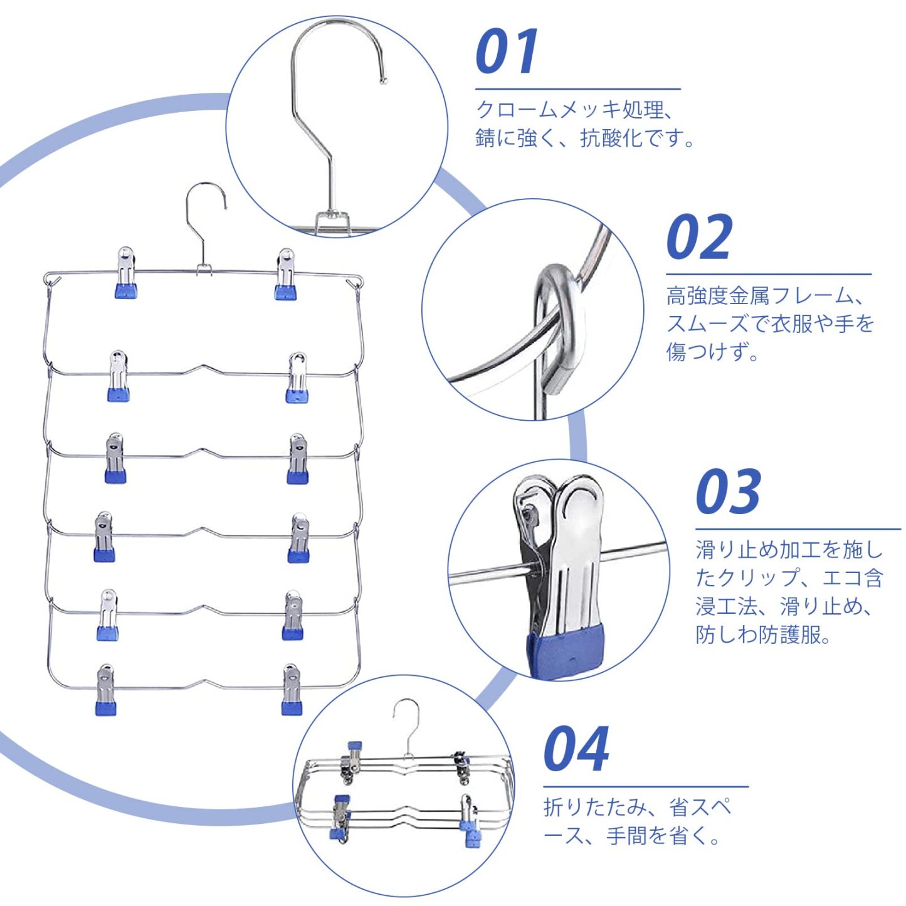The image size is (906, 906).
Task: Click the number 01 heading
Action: [507, 52]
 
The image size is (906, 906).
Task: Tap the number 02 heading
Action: [698, 237]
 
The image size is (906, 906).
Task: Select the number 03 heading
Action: [728, 492]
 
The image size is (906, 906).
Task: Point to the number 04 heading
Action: [576, 749]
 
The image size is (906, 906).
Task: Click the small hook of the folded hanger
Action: [406, 724]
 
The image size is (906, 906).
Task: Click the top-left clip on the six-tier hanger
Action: [125, 272]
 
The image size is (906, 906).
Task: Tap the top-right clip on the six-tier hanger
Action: [285, 274]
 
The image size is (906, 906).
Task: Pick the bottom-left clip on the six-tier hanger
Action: [105, 690]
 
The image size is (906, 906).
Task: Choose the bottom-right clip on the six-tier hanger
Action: [292, 690]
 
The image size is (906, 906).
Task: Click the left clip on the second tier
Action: [118, 376]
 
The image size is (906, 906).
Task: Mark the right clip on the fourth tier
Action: [298, 538]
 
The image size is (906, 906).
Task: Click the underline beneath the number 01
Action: [577, 90]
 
